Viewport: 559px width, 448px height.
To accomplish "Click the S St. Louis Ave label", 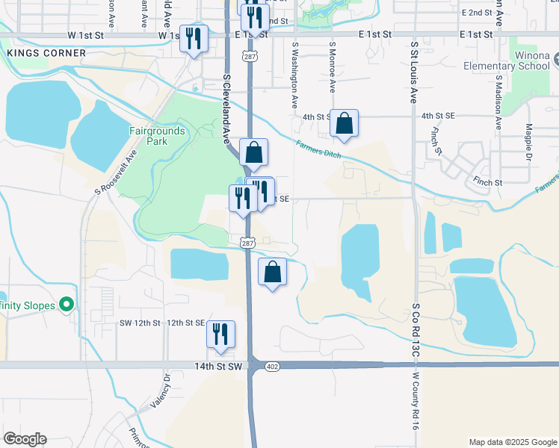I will (413, 72).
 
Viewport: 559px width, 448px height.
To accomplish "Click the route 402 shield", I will (272, 366).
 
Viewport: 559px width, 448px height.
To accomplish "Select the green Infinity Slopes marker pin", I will (67, 305).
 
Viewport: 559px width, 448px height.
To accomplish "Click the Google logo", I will (25, 439).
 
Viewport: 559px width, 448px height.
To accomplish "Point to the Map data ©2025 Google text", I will (512, 442).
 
